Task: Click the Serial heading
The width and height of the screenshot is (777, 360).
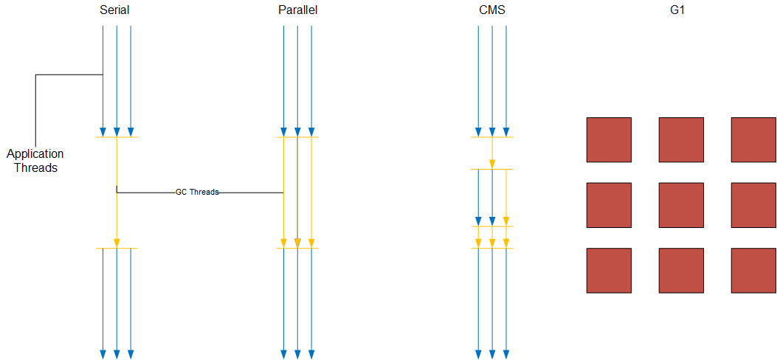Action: click(x=114, y=10)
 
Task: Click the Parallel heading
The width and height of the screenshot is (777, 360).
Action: click(x=298, y=10)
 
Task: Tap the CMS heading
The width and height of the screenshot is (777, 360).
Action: click(x=491, y=10)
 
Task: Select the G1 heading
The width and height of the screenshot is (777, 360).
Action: click(x=680, y=10)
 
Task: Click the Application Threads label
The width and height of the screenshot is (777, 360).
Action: click(x=35, y=161)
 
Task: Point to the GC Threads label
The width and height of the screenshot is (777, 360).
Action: click(x=197, y=192)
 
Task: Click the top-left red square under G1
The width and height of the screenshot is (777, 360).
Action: click(x=609, y=139)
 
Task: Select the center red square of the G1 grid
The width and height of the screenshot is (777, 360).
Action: click(x=681, y=205)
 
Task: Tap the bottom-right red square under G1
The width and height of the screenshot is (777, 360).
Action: click(x=753, y=271)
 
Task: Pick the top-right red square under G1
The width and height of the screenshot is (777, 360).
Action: click(x=753, y=139)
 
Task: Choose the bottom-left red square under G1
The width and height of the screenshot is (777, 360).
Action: click(x=609, y=271)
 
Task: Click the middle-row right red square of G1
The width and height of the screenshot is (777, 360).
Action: click(x=753, y=205)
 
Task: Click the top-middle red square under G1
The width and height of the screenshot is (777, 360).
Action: click(x=681, y=139)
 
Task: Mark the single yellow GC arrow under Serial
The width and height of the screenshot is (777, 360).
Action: click(x=117, y=192)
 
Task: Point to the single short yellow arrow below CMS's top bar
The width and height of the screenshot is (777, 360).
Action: click(x=492, y=153)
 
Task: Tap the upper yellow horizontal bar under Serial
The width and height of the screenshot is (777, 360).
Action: click(x=117, y=137)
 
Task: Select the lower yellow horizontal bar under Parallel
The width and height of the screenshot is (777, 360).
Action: click(x=297, y=249)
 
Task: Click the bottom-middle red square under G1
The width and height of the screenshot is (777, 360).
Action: click(x=681, y=271)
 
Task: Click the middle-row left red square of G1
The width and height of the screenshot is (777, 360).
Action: click(x=609, y=205)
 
